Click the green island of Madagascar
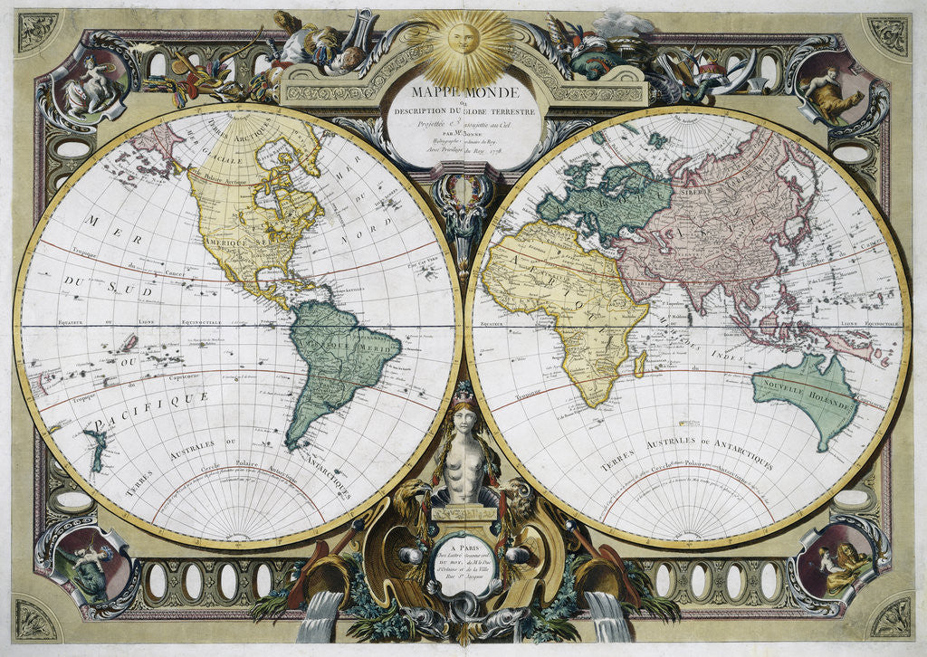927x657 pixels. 642,363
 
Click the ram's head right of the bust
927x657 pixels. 517,496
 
